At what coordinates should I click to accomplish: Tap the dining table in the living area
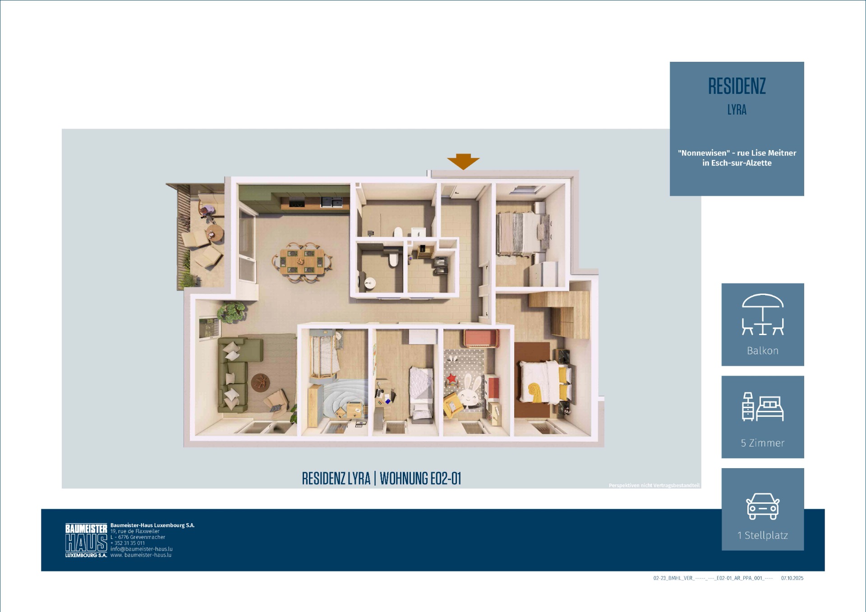pyautogui.click(x=302, y=262)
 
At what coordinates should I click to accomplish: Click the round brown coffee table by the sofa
pyautogui.click(x=260, y=383)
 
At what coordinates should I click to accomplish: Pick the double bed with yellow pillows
pyautogui.click(x=546, y=382)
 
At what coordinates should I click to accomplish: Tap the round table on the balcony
pyautogui.click(x=214, y=234)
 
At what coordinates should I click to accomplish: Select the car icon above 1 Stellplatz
pyautogui.click(x=763, y=506)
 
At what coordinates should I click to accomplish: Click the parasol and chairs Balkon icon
pyautogui.click(x=763, y=314)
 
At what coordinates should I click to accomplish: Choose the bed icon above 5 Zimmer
pyautogui.click(x=763, y=407)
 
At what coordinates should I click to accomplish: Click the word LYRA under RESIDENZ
pyautogui.click(x=737, y=110)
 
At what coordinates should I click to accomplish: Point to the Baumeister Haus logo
pyautogui.click(x=86, y=541)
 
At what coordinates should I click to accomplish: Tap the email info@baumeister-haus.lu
pyautogui.click(x=142, y=549)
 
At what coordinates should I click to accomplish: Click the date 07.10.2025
pyautogui.click(x=792, y=578)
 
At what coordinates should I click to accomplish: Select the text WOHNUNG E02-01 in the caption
pyautogui.click(x=420, y=479)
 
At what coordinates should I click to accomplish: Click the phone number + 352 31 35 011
pyautogui.click(x=128, y=543)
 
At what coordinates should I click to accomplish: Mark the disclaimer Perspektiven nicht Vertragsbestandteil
pyautogui.click(x=654, y=486)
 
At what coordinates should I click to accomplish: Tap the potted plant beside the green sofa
pyautogui.click(x=231, y=312)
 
